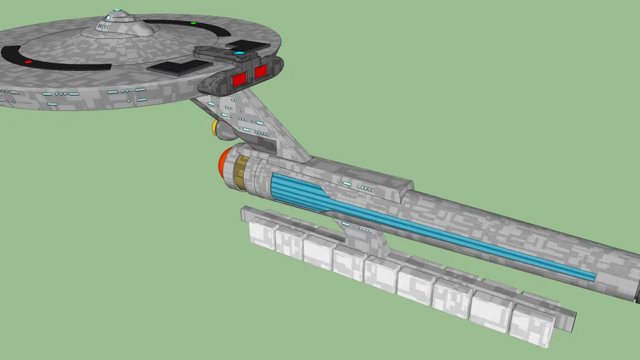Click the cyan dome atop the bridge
tap(118, 13)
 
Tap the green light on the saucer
tap(193, 23)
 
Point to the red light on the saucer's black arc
tap(28, 62)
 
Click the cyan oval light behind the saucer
tap(240, 53)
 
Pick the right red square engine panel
tap(262, 71)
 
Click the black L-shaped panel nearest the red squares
tap(173, 67)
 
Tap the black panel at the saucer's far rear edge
tap(246, 45)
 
